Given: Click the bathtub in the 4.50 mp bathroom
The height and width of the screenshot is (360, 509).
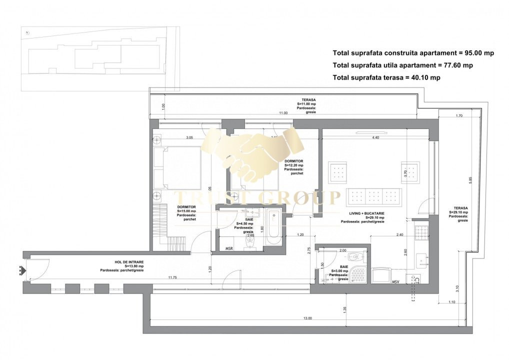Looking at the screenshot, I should click(274, 228).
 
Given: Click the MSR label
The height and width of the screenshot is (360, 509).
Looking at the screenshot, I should click(229, 248).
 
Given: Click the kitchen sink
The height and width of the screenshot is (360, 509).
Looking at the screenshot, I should click(422, 259).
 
